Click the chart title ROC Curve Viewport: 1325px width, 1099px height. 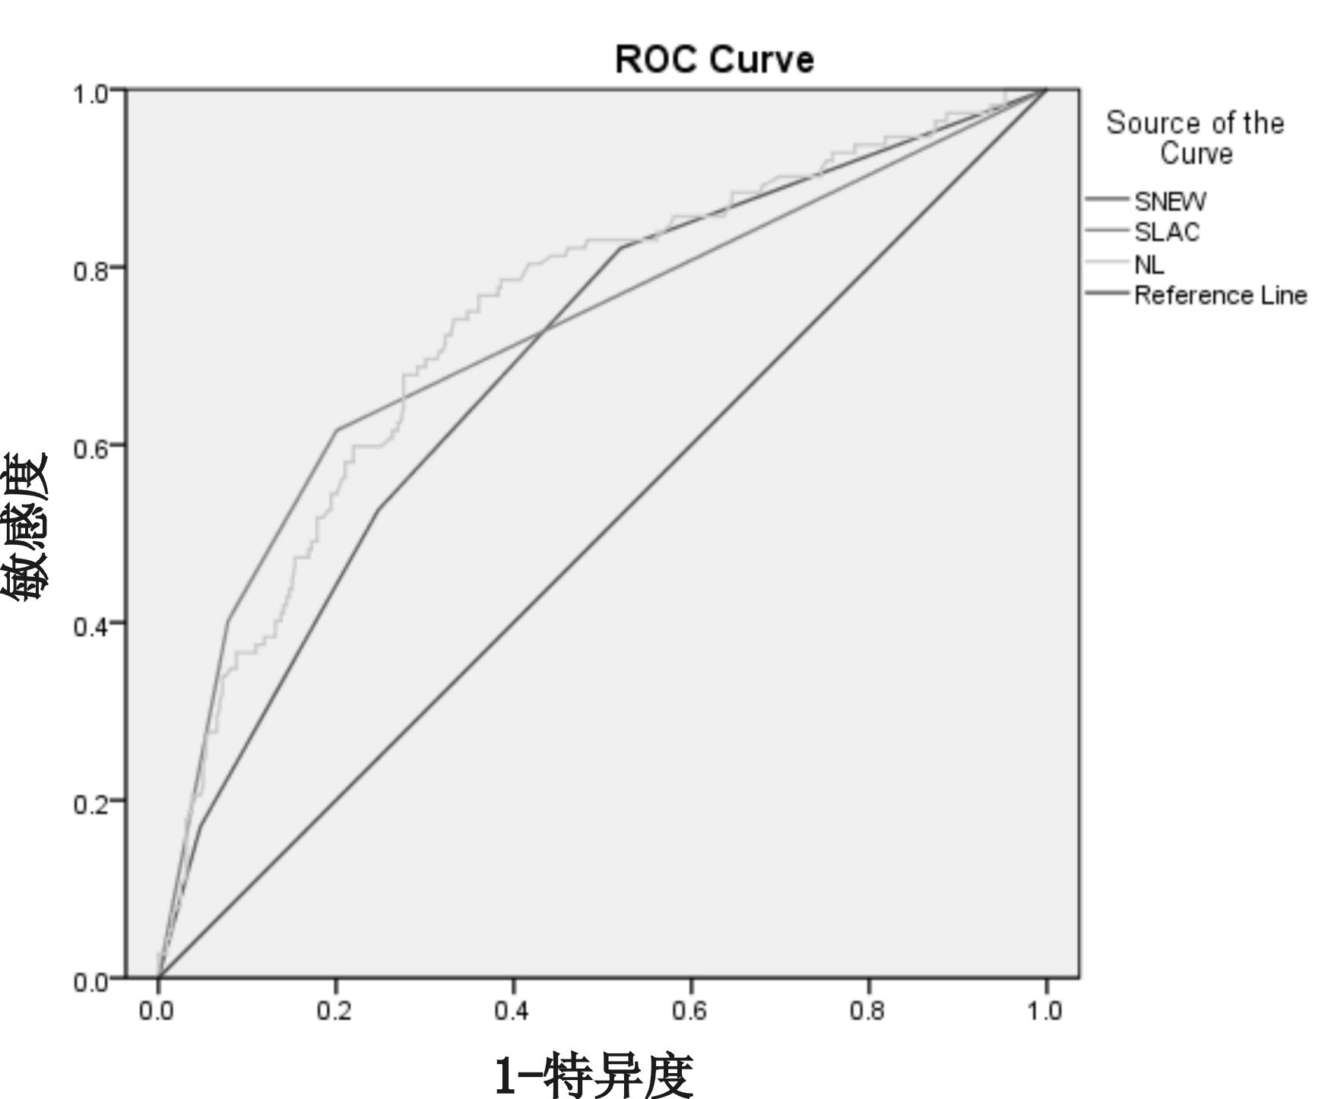coord(714,59)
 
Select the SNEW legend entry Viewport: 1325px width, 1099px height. coord(1170,201)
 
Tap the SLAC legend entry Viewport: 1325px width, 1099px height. coord(1167,232)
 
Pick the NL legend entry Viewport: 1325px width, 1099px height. coord(1149,264)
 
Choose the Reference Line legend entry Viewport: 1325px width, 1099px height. coord(1220,295)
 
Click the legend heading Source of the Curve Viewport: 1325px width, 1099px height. coord(1195,138)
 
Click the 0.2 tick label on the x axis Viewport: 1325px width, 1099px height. coord(334,1012)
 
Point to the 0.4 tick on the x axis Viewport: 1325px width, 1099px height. coord(512,1012)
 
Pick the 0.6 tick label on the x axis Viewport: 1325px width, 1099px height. coord(690,1012)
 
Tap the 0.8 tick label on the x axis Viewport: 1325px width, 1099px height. coord(868,1012)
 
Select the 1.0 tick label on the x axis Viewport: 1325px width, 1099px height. coord(1045,1012)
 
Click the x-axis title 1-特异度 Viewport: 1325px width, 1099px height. coord(594,1075)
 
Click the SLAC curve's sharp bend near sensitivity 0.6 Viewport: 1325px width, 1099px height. coord(336,430)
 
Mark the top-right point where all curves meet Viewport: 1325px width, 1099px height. coord(1046,90)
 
